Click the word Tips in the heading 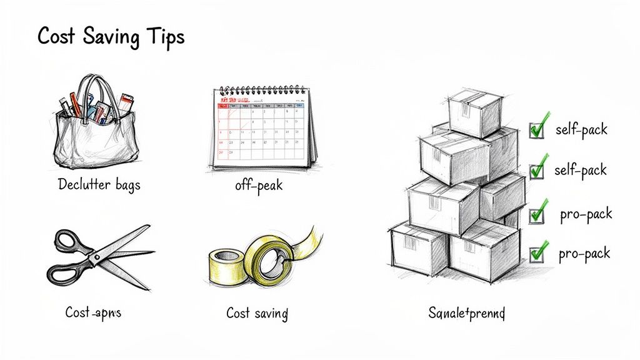click(x=164, y=36)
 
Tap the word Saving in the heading click(x=109, y=37)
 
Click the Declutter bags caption click(x=98, y=184)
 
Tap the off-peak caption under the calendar click(x=258, y=186)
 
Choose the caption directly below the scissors click(x=93, y=312)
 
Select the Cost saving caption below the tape click(x=257, y=312)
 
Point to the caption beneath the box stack click(x=467, y=312)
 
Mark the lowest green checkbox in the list click(x=537, y=254)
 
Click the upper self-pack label click(x=581, y=130)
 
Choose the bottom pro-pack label click(x=584, y=253)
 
